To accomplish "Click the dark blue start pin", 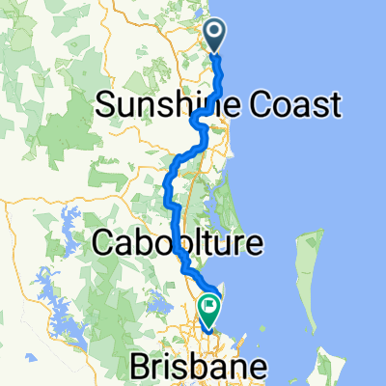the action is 214,36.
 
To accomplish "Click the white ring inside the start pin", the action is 214,33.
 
